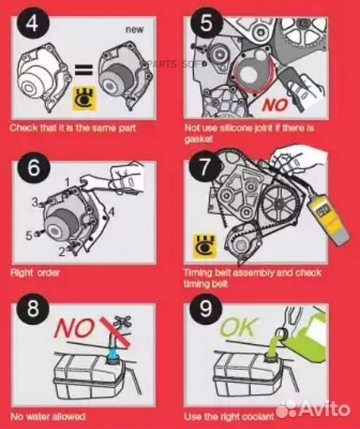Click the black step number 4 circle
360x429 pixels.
tap(33, 23)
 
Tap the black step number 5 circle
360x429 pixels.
tap(206, 23)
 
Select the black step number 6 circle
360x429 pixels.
tap(33, 168)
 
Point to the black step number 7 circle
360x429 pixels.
tap(205, 166)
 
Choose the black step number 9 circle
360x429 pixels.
tap(205, 308)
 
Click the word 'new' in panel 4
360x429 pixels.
tap(134, 29)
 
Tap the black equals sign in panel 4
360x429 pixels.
tap(83, 69)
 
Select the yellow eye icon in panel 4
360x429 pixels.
tap(84, 99)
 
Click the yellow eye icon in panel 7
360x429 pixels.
tap(204, 246)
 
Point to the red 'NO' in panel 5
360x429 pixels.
tap(275, 105)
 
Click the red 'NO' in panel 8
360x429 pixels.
tap(75, 327)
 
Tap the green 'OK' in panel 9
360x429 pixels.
tap(239, 327)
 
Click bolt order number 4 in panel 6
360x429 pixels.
tap(111, 212)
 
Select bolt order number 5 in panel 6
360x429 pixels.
tap(29, 236)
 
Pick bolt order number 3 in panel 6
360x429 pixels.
tap(35, 203)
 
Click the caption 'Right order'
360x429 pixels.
tap(35, 272)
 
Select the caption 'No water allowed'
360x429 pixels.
tap(48, 416)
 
